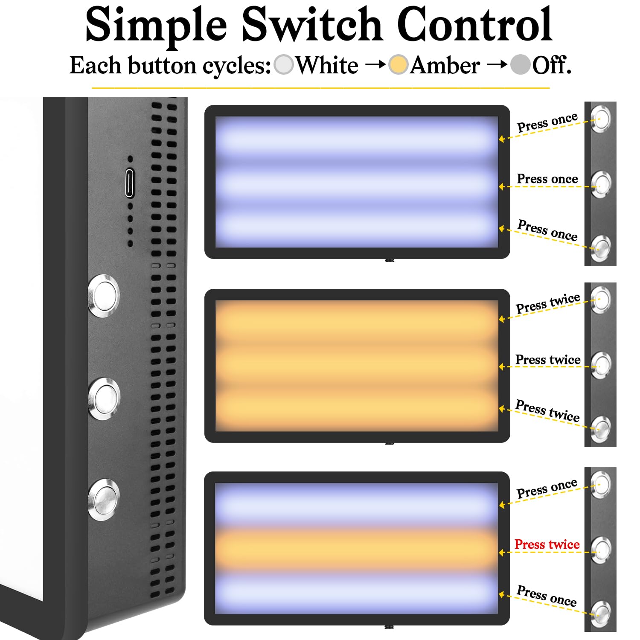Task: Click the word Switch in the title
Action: click(x=312, y=25)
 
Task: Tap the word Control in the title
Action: click(x=475, y=25)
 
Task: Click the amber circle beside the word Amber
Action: click(x=399, y=65)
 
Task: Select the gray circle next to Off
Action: click(x=521, y=65)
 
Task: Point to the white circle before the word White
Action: click(x=284, y=65)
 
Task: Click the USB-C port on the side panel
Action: click(x=130, y=183)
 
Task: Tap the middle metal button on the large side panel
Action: click(x=104, y=399)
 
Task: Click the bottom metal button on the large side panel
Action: click(x=104, y=500)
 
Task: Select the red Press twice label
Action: click(x=547, y=544)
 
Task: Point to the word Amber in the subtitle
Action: click(x=445, y=66)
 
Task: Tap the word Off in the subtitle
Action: click(x=552, y=66)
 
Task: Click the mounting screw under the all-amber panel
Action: click(x=389, y=444)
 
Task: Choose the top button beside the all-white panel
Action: click(x=601, y=119)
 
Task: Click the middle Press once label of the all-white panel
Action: click(x=547, y=179)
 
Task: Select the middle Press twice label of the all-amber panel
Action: click(x=548, y=360)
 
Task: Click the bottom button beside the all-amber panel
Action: click(x=601, y=430)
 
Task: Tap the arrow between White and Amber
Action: click(x=376, y=65)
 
